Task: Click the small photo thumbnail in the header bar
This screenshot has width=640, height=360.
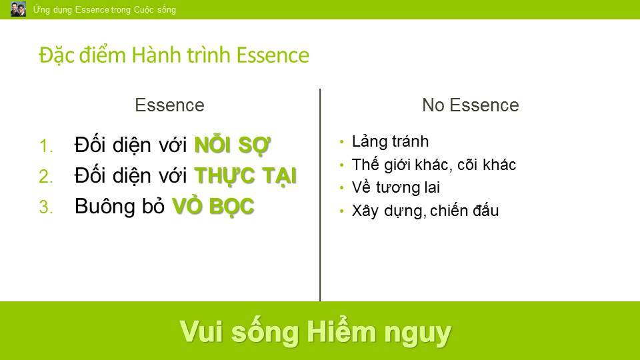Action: coord(18,9)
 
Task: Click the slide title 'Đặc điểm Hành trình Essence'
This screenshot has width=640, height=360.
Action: coord(174,55)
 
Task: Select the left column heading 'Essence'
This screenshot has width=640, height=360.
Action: coord(169,105)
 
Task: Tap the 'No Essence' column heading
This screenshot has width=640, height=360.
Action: coord(470,105)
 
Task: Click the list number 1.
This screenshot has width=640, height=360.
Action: coord(46,146)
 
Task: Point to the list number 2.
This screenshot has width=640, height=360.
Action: coord(46,177)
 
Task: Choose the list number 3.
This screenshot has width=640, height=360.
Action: coord(46,207)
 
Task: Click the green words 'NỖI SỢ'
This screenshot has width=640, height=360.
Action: coord(232,144)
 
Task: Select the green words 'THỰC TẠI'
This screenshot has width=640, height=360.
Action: coord(245,176)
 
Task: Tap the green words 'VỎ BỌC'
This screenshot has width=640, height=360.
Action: coord(213,206)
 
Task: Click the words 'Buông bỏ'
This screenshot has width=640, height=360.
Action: coord(119,206)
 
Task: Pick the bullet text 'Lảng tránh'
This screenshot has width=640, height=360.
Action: coord(390,141)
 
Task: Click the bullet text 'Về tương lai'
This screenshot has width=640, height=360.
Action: coord(395,187)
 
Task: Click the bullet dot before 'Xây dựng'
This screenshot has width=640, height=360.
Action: coord(341,211)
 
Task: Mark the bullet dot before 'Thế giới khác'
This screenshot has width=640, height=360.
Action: coord(341,165)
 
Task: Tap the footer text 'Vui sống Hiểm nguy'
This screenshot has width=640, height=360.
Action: coord(315,332)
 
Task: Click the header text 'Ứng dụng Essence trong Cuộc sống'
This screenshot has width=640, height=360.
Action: coord(105,9)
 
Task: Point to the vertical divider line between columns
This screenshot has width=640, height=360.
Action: coord(320,195)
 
